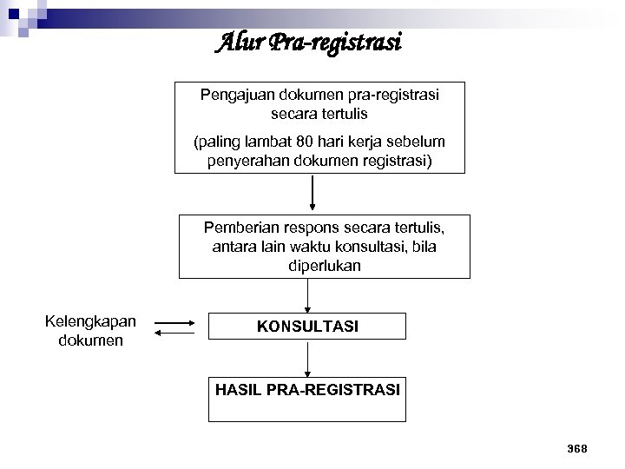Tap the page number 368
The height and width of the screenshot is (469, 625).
coord(576,448)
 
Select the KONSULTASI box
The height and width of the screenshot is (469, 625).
coord(307,326)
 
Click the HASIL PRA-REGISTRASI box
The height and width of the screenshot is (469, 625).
coord(307,398)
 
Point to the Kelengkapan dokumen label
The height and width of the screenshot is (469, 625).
coord(90,330)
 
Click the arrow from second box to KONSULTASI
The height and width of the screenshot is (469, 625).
coord(307,295)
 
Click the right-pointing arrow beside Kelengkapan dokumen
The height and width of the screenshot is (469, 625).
coord(178,323)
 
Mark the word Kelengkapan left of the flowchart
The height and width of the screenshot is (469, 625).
coord(90,321)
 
